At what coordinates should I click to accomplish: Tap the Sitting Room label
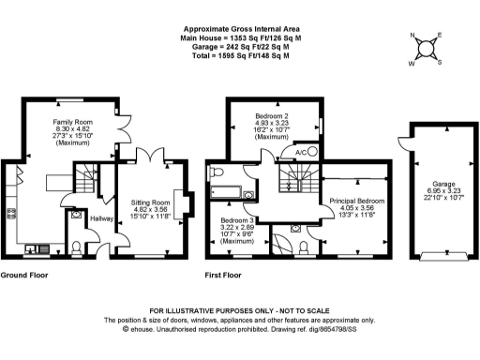[x=149, y=202]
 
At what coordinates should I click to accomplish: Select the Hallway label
[x=101, y=217]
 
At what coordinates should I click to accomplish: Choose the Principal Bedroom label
[x=356, y=200]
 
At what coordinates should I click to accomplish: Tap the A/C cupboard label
[x=301, y=152]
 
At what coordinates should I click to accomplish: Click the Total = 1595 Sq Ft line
[x=240, y=55]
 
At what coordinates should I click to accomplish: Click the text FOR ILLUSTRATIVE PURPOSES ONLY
[x=240, y=310]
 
